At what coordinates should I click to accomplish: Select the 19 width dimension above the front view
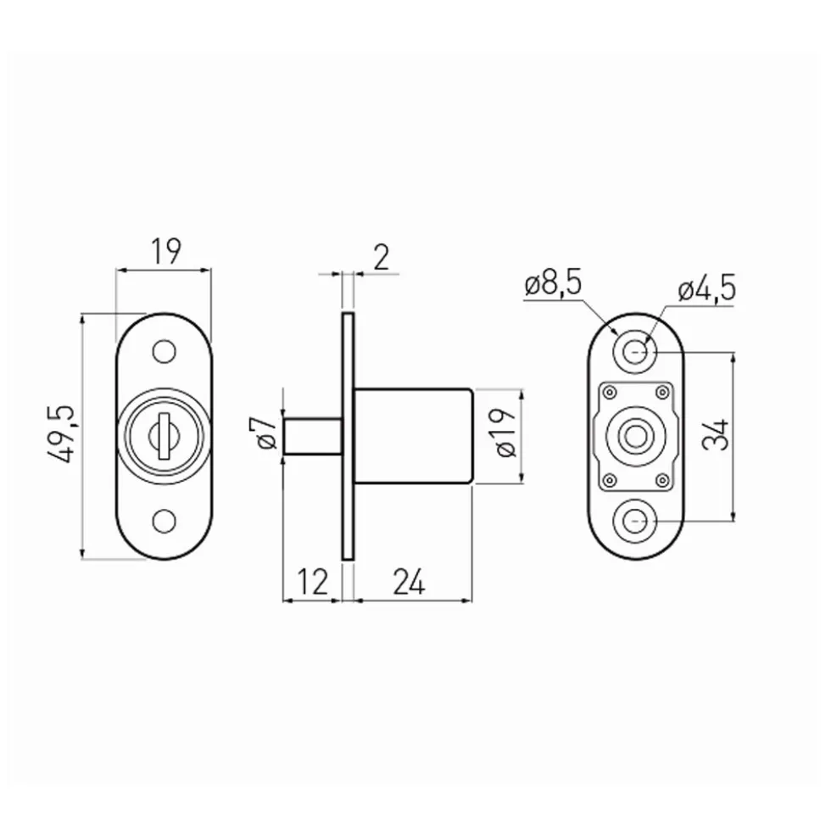[165, 252]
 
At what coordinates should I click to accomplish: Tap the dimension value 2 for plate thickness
[381, 258]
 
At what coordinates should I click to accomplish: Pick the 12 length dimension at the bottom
[312, 582]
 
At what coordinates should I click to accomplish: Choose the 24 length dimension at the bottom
[409, 582]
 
